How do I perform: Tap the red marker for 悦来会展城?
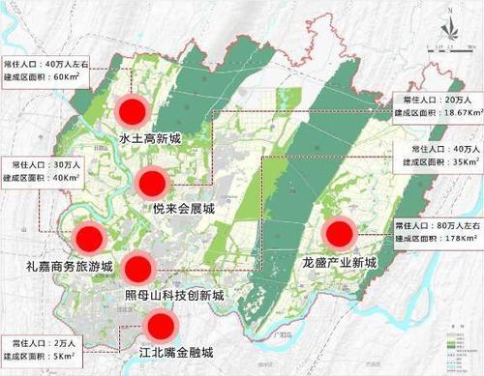[153, 181]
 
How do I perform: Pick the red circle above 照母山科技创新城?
[138, 269]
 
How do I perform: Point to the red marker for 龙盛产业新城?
[339, 234]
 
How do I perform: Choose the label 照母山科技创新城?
[174, 294]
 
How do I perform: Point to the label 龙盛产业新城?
[339, 262]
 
